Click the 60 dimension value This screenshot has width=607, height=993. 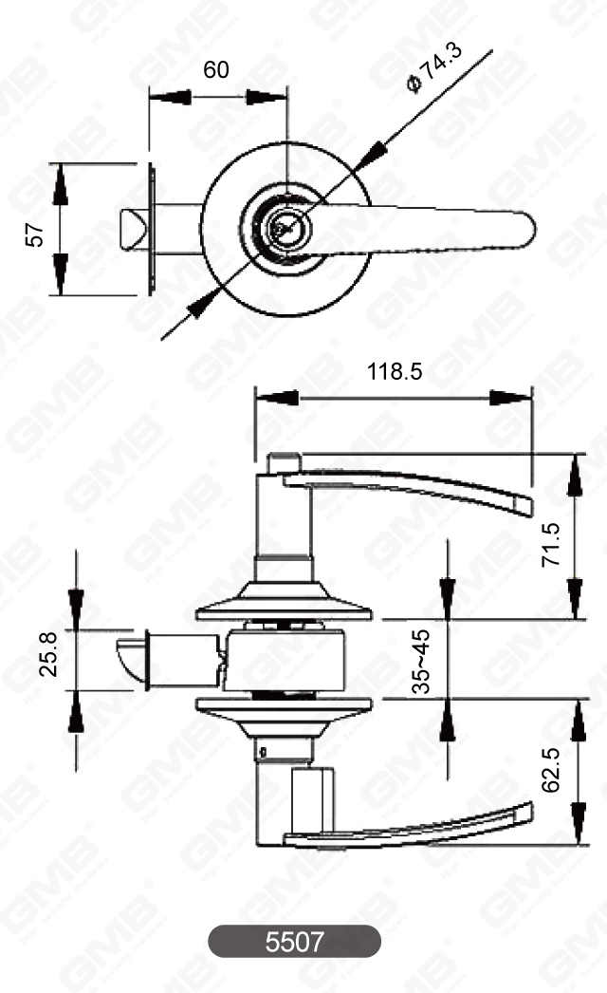(216, 71)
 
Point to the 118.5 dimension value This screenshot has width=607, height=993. (395, 372)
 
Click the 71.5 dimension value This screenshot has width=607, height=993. (551, 542)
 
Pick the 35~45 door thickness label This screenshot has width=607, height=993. (421, 661)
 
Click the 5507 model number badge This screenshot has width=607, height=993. (294, 942)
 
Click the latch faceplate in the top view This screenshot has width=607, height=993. (150, 228)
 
